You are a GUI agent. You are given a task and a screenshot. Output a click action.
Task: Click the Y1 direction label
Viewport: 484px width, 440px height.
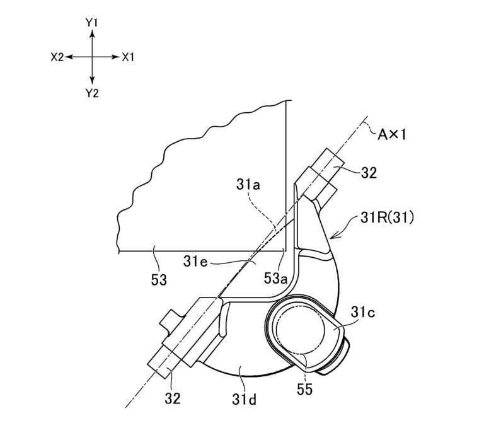tap(92, 22)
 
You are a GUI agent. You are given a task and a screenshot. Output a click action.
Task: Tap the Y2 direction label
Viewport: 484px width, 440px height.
tap(92, 93)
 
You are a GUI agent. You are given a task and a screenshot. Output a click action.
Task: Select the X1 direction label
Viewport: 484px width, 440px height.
tap(129, 57)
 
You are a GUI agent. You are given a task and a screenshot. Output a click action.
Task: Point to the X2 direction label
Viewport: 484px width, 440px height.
tap(57, 57)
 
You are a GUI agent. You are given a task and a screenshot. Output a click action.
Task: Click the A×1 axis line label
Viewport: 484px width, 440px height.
tap(397, 135)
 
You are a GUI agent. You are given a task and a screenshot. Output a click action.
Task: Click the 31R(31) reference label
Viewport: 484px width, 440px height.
tap(379, 220)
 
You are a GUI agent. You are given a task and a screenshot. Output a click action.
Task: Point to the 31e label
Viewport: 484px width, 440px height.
tap(196, 260)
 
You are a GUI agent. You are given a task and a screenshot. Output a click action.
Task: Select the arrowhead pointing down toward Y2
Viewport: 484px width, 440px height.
tap(93, 80)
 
